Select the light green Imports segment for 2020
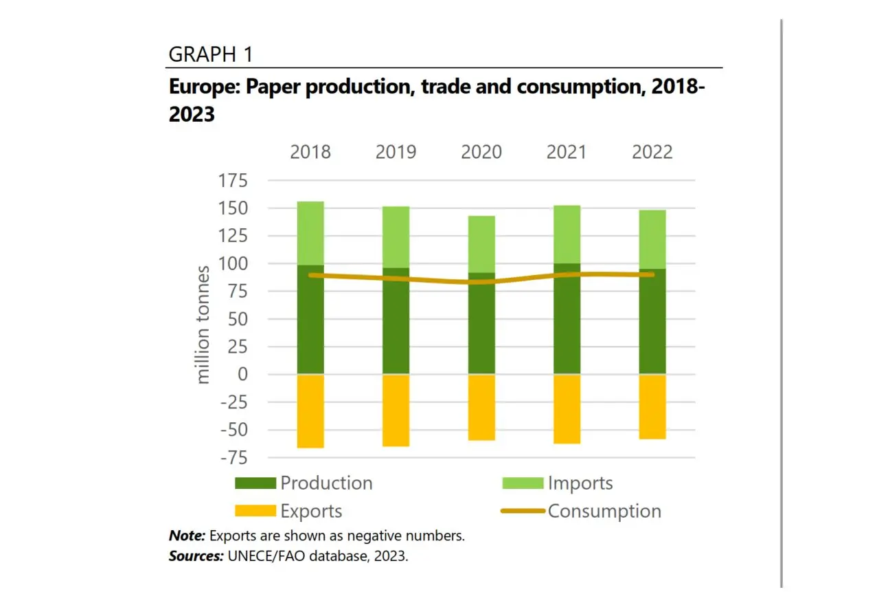[481, 244]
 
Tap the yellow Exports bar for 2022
[652, 406]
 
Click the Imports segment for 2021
[567, 234]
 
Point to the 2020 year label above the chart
[481, 152]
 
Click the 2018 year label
[310, 152]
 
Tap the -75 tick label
[232, 458]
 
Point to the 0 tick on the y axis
[241, 375]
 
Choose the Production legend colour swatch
[255, 483]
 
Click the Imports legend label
[580, 483]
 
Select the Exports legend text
[311, 512]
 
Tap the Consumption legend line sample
[523, 512]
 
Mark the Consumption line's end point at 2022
[652, 274]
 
